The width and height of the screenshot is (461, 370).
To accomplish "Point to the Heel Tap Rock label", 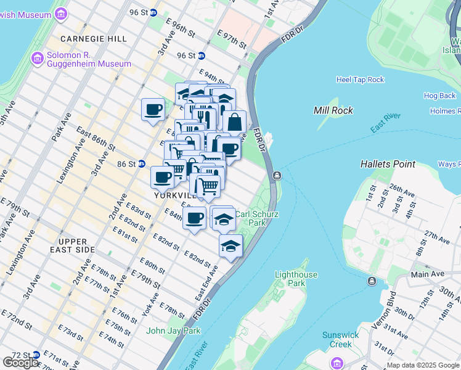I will pos(360,80).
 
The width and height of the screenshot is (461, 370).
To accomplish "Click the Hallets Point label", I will pos(388,164).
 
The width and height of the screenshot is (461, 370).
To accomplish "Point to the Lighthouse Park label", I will pos(296,279).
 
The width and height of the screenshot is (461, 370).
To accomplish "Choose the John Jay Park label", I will pos(173,331).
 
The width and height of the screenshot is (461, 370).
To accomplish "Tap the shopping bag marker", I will pos(235,122).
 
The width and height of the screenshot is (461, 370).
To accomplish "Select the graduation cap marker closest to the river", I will pos(230,245).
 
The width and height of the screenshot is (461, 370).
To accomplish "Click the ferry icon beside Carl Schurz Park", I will pos(277,176).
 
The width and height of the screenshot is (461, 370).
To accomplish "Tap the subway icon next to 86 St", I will pos(141,164).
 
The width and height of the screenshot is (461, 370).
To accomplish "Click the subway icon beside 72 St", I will pos(35,355).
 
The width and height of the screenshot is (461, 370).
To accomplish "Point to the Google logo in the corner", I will pos(22,363).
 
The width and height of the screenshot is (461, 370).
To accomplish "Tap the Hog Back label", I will pos(439,96).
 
